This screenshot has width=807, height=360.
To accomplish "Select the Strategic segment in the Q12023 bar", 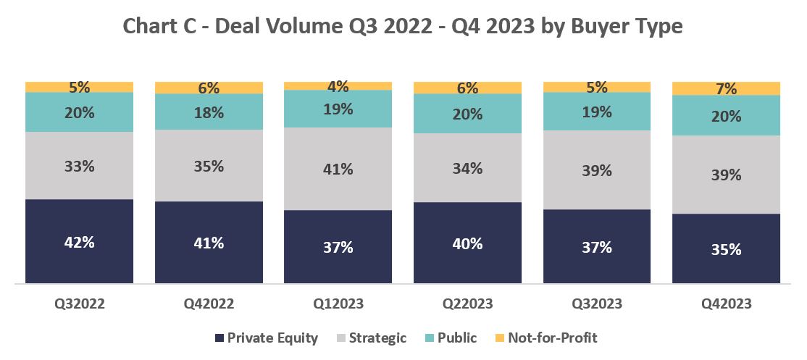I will [x=338, y=169].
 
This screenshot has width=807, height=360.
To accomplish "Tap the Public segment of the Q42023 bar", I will [x=727, y=116].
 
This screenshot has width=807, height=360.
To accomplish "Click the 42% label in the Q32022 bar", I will [x=79, y=242].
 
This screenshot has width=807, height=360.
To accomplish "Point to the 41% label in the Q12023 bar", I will [x=338, y=169].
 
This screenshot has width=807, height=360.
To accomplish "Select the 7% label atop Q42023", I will [x=726, y=89].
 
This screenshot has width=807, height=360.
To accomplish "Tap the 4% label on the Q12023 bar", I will [x=338, y=86].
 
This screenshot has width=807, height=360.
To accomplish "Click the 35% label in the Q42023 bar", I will [x=726, y=249].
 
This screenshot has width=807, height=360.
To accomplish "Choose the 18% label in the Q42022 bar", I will [x=209, y=112].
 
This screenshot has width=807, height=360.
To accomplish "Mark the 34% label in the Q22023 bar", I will [x=467, y=168].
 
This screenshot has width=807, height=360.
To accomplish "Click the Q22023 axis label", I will [x=467, y=304].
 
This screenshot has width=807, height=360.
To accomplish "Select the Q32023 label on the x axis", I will [x=597, y=304].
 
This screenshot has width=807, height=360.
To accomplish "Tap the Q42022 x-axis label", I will [x=209, y=304].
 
